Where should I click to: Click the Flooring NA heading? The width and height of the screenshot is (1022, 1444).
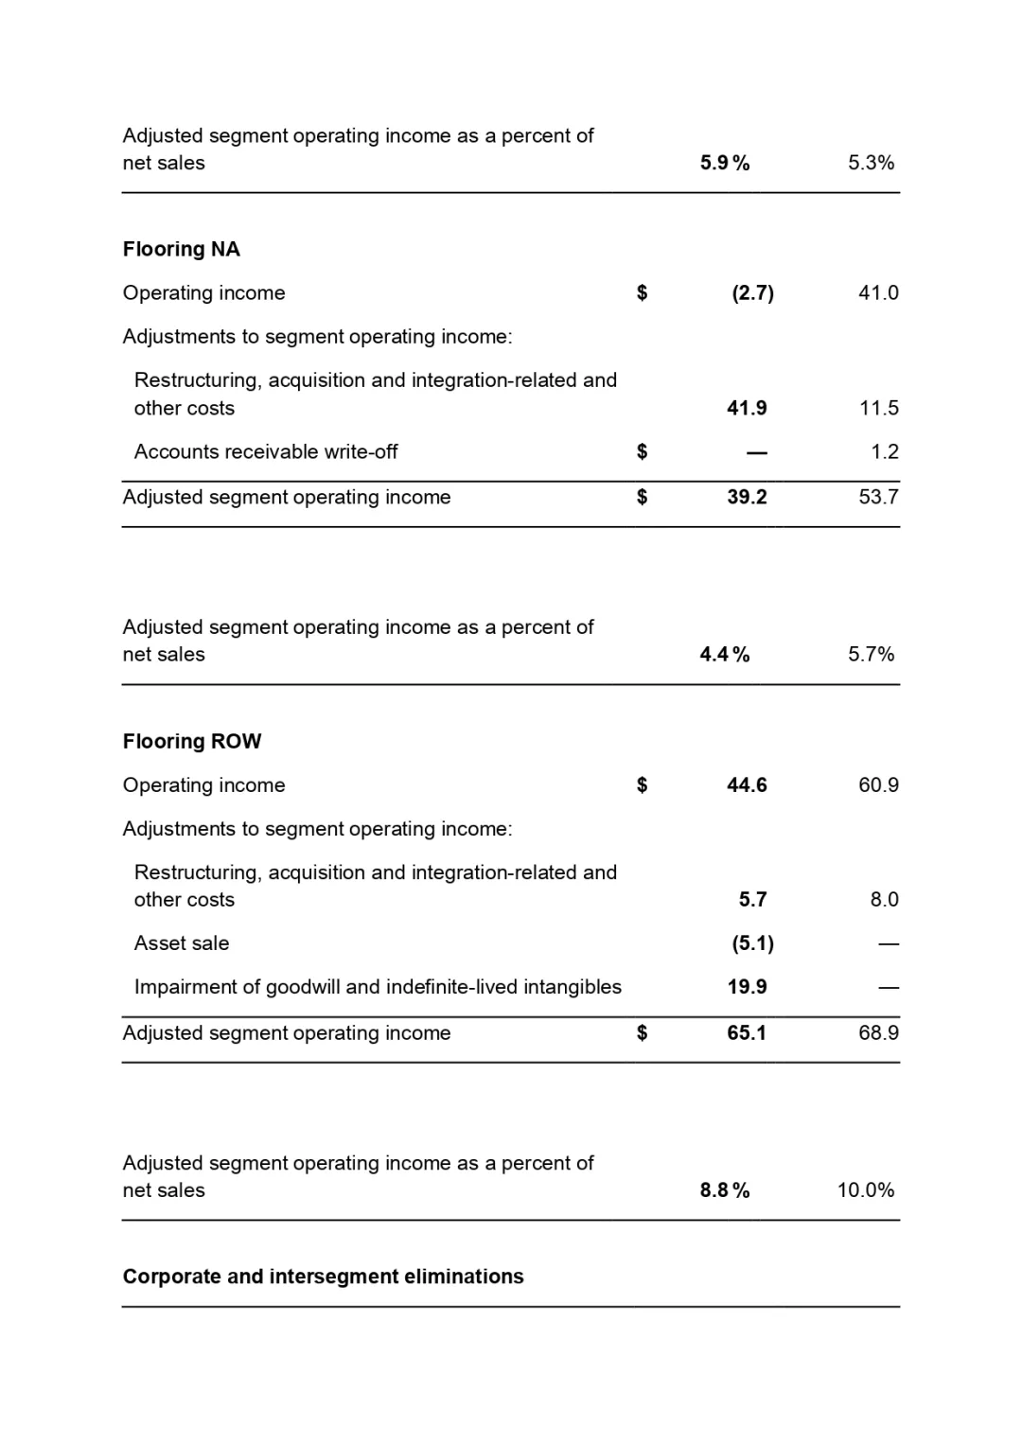coord(181,249)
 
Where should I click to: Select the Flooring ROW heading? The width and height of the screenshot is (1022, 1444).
coord(192,741)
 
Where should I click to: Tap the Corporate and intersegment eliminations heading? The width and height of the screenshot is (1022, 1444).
coord(323,1277)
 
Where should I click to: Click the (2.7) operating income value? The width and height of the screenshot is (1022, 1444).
coord(752,292)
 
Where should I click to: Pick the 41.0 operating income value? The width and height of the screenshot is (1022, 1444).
coord(878,292)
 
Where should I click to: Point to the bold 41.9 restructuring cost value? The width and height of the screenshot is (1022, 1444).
coord(747,408)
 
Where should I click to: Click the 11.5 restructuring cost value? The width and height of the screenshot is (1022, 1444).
coord(878,408)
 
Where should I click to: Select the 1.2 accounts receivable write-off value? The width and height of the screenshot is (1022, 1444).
coord(884,451)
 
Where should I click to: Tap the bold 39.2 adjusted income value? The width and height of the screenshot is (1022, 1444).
coord(747,497)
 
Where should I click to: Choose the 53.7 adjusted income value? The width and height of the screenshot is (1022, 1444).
coord(878,497)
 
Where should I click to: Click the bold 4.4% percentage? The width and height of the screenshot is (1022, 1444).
coord(724,654)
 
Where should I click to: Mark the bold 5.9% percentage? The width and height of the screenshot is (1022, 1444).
coord(724,163)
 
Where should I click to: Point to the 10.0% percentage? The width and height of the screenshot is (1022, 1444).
coord(865,1189)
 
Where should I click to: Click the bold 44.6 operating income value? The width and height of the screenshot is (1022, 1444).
coord(747,784)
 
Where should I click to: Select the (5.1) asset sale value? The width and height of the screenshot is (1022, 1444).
coord(752,942)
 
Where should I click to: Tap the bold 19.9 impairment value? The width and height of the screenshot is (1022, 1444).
coord(747,986)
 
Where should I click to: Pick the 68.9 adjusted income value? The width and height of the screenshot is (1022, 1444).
coord(878,1032)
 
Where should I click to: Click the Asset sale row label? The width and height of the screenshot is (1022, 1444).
coord(182,942)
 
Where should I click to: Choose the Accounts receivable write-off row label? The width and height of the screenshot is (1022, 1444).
coord(266,451)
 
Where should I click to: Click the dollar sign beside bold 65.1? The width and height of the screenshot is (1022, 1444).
coord(642,1032)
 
